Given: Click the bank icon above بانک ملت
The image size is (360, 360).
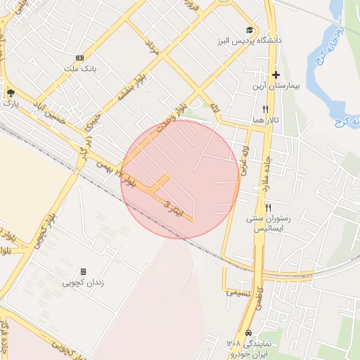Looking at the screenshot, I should [79, 58].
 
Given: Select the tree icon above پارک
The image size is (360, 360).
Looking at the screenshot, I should [10, 92].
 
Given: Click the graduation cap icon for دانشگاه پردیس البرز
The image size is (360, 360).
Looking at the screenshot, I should [249, 30].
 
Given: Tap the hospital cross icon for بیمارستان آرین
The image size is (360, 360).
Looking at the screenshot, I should [276, 75].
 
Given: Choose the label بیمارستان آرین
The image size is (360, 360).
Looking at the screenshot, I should [277, 86].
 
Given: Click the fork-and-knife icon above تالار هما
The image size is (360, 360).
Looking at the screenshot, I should [265, 109].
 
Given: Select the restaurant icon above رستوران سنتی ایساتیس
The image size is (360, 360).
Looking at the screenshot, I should [268, 207].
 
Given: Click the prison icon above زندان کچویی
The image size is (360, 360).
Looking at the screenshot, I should [83, 271].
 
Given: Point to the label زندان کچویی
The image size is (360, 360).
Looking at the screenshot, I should [83, 283].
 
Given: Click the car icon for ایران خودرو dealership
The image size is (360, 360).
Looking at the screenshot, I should [248, 333].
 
